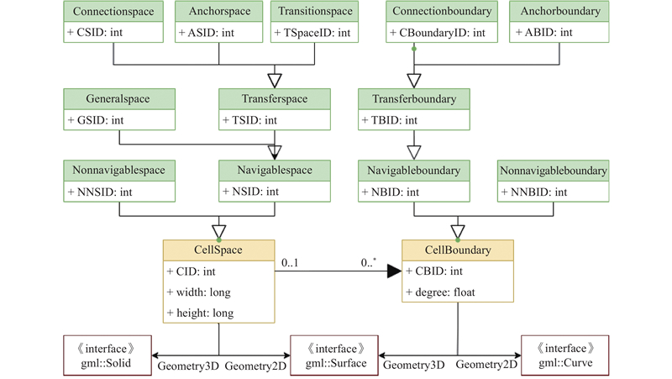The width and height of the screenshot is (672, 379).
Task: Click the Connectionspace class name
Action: (113, 11)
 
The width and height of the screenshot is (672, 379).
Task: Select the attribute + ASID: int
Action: (207, 33)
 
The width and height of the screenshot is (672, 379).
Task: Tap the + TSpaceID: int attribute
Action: (312, 33)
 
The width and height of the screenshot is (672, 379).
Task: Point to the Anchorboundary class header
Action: (559, 11)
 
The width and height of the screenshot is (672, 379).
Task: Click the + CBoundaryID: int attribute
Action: (438, 33)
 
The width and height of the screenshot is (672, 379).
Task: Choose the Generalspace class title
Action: (118, 98)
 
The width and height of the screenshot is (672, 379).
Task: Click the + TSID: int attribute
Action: (249, 120)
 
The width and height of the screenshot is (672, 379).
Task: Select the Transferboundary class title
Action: (414, 99)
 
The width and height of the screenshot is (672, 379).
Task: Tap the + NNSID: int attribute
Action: (100, 192)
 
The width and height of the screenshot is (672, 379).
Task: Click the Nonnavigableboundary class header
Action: (554, 171)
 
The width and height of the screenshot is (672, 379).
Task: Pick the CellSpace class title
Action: (218, 250)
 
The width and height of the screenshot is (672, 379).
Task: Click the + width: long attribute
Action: (199, 292)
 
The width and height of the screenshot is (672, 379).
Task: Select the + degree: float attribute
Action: (440, 292)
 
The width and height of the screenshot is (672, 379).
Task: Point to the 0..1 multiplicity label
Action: (290, 263)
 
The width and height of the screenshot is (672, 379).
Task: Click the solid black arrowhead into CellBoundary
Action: (394, 271)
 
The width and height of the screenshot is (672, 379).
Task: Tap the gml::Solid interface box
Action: (108, 355)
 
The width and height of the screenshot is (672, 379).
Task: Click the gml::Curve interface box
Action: (564, 355)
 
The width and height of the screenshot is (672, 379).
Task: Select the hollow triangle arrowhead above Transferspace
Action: (275, 81)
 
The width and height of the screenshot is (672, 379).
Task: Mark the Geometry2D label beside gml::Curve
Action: (486, 365)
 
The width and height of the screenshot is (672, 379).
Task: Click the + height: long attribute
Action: (200, 313)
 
